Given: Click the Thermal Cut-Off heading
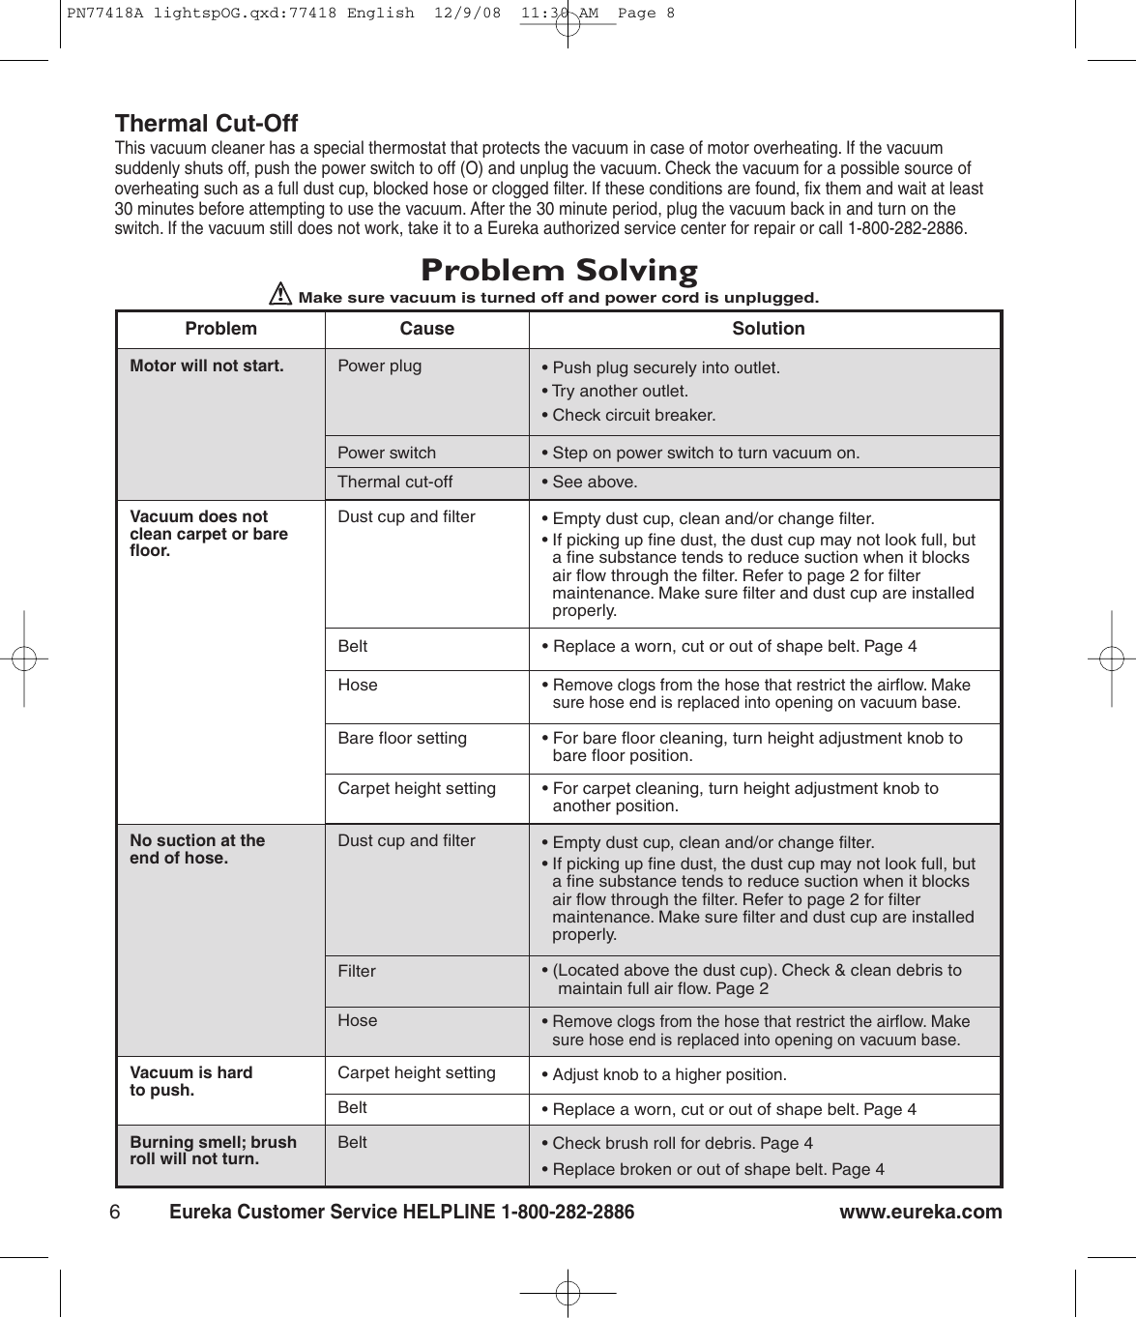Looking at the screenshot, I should pos(206,124).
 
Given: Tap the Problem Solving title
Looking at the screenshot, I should pos(559,270).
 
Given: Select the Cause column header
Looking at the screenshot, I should pos(426,329).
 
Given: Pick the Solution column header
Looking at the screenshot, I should pos(768,329).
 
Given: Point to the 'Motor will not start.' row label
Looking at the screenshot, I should pos(207,366).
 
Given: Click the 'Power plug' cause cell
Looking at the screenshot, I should pos(379,366).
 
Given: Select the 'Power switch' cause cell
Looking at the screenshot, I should pos(387,453).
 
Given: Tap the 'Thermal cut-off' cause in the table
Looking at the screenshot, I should pos(394,482).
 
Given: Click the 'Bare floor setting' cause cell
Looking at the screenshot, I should pos(402,738).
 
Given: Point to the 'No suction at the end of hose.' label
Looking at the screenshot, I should pos(197,849).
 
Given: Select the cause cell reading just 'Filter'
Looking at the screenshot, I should pos(357,971).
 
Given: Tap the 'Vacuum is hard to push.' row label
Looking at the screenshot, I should pos(191,1081).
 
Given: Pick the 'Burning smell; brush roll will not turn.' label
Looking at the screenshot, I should pos(213,1150).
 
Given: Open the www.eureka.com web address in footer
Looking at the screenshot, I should pos(920,1212).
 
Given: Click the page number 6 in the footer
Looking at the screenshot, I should pos(115,1212).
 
